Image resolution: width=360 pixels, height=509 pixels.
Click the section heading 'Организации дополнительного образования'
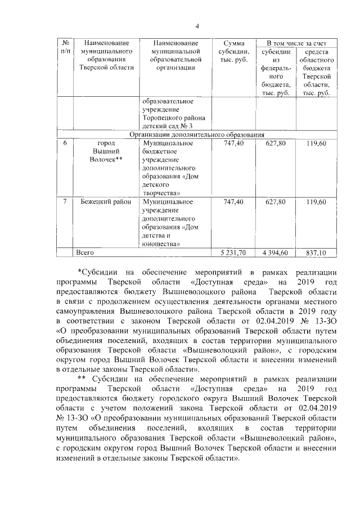tap(197, 135)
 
